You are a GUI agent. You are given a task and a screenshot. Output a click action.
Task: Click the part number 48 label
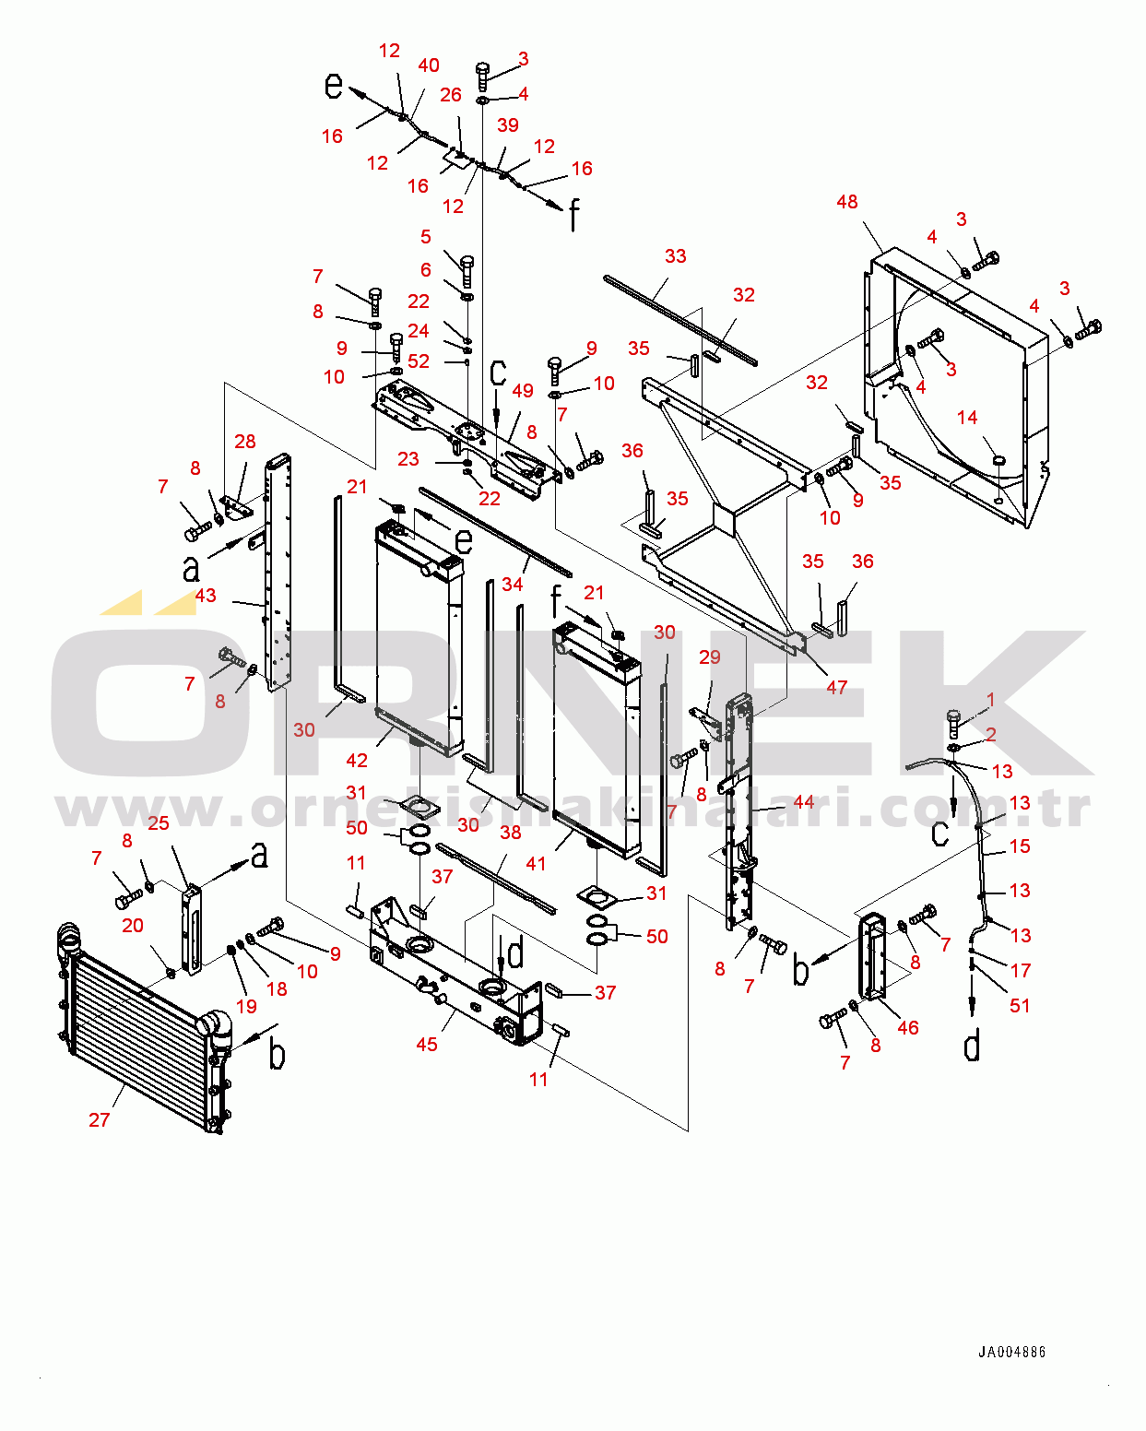[x=846, y=202]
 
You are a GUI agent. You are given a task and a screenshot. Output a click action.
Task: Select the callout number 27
[x=99, y=1119]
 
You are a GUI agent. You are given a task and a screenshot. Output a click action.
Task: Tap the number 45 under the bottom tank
[x=426, y=1044]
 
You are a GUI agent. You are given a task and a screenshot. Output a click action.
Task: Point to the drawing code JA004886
[x=1011, y=1352]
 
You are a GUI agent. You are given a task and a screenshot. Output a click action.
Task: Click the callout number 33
[x=675, y=256]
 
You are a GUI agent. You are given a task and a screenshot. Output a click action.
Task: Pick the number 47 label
[x=837, y=687]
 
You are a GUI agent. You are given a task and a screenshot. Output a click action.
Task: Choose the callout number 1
[x=990, y=699]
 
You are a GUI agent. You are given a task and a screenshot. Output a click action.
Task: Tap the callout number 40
[x=429, y=65]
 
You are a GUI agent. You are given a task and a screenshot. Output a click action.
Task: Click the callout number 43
[x=206, y=595]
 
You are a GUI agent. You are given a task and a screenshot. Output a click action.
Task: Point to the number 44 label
[x=803, y=801]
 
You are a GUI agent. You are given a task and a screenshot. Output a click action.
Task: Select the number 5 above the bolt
[x=426, y=236]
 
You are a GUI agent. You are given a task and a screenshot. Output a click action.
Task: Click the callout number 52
[x=419, y=361]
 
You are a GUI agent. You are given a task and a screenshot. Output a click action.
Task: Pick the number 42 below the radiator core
[x=357, y=760]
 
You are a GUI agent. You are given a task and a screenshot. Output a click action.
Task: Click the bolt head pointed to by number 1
[x=953, y=716]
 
